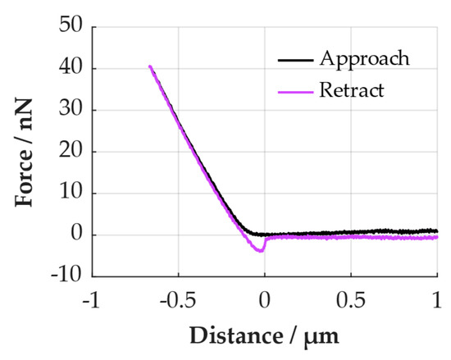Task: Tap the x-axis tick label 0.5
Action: (351, 299)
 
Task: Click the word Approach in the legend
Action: (365, 59)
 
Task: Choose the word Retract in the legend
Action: (353, 89)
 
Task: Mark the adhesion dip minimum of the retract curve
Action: (261, 251)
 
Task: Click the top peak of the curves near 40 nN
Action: (149, 66)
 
